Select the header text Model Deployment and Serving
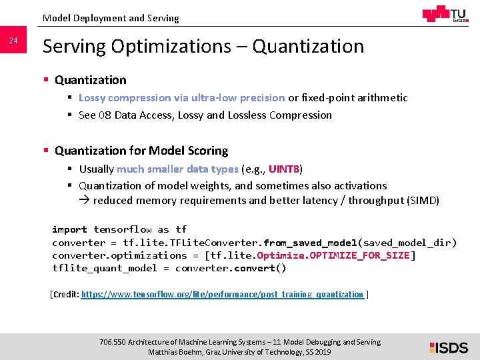[x=111, y=18]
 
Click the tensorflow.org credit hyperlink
[x=222, y=294]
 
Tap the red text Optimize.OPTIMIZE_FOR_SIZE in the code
[x=334, y=255]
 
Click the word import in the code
[x=69, y=229]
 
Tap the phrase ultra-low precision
[x=238, y=97]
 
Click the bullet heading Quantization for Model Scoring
[x=141, y=151]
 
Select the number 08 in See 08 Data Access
[x=105, y=115]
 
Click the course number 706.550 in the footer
[x=113, y=342]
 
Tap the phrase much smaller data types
[x=177, y=169]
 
